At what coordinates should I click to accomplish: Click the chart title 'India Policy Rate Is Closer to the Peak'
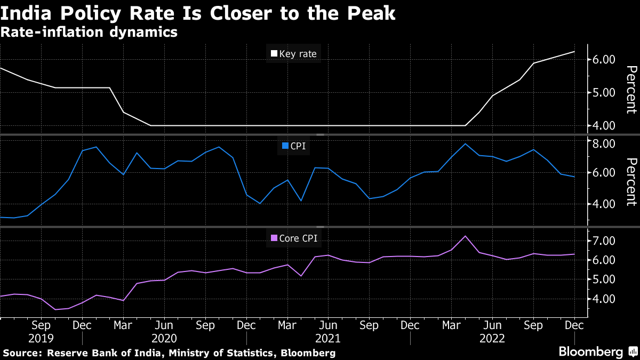pos(198,13)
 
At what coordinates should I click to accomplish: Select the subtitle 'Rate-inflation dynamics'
pos(89,33)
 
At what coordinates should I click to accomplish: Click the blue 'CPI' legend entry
pos(293,146)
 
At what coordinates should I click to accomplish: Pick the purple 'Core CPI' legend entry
pos(294,238)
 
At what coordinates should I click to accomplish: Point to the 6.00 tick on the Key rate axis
pos(604,60)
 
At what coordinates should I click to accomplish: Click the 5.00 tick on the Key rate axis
pos(604,93)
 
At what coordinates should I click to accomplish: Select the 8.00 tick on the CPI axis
pos(604,144)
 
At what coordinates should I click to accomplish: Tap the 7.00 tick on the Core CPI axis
pos(604,241)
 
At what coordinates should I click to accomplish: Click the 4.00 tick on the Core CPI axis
pos(604,299)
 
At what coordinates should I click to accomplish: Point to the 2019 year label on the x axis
pos(41,338)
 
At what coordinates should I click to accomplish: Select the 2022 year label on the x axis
pos(492,338)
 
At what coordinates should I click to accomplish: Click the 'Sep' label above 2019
pos(41,325)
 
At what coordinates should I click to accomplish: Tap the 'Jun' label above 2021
pos(328,325)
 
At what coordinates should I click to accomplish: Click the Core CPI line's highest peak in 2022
pos(466,236)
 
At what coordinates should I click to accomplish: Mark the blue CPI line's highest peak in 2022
pos(466,144)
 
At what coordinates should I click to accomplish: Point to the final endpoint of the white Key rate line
pos(574,52)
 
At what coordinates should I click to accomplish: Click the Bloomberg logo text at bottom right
pos(590,352)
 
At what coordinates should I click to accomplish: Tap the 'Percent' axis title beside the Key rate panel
pos(631,90)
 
